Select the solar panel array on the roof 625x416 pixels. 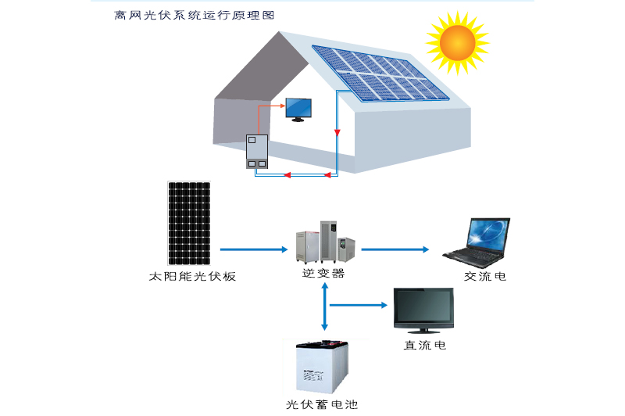coord(380,72)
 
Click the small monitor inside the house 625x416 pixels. coord(297,109)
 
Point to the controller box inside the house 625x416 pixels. coord(257,152)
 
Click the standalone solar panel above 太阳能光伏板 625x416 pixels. coord(189,223)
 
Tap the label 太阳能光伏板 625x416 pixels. coord(191,277)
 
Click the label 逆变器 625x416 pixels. coord(323,274)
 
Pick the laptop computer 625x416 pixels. coord(478,239)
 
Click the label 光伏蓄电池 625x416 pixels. coord(322,404)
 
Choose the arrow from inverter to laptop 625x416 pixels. coord(395,249)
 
